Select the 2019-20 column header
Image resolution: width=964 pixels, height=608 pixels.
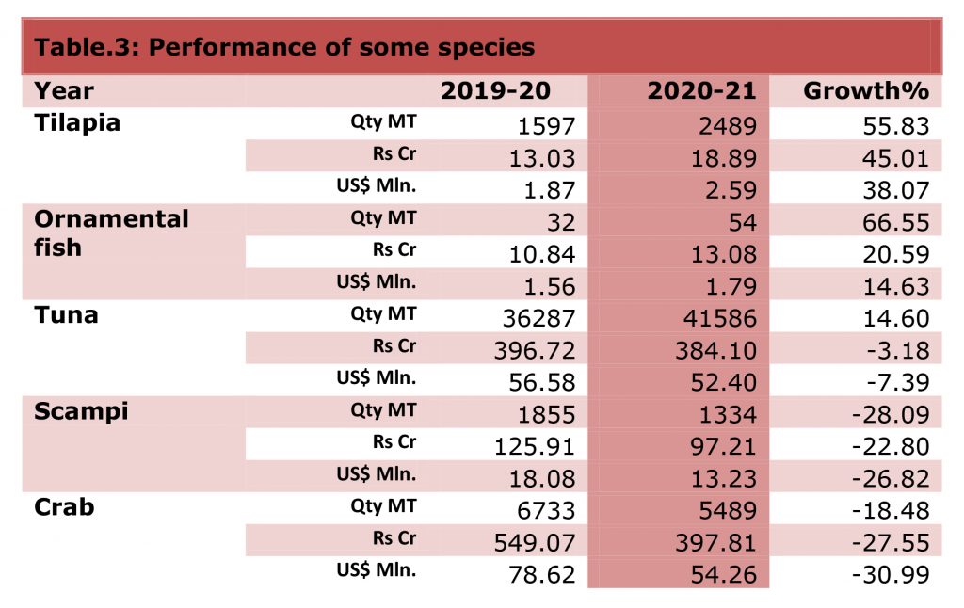click(x=495, y=91)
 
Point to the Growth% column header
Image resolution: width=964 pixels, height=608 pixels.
click(x=866, y=91)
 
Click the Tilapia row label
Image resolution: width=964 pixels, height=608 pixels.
click(x=77, y=123)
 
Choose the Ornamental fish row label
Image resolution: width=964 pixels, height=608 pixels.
click(x=111, y=233)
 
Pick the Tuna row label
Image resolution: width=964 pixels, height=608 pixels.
click(x=66, y=315)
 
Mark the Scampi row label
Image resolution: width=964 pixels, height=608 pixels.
click(x=81, y=411)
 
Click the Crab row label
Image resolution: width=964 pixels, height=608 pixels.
click(x=65, y=507)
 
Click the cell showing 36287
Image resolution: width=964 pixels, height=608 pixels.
click(x=534, y=317)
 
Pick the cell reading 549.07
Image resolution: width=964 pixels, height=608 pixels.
click(x=535, y=542)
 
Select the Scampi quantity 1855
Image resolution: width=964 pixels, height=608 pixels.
click(x=542, y=413)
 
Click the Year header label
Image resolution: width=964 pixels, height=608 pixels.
click(x=64, y=91)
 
